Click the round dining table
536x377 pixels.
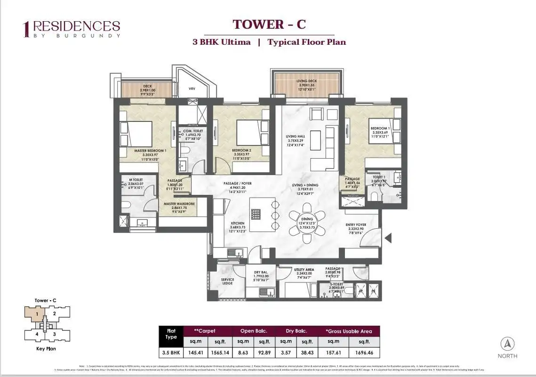click(x=307, y=220)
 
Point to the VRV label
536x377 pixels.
click(x=192, y=88)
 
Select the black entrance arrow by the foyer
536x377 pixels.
click(x=388, y=239)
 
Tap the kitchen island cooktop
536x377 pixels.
click(x=256, y=214)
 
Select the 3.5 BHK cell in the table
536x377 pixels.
click(x=170, y=352)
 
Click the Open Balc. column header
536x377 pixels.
click(x=254, y=331)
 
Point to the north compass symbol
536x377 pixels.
click(x=507, y=344)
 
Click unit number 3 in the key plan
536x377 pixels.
click(x=55, y=334)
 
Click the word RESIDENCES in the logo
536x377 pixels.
click(x=76, y=26)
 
